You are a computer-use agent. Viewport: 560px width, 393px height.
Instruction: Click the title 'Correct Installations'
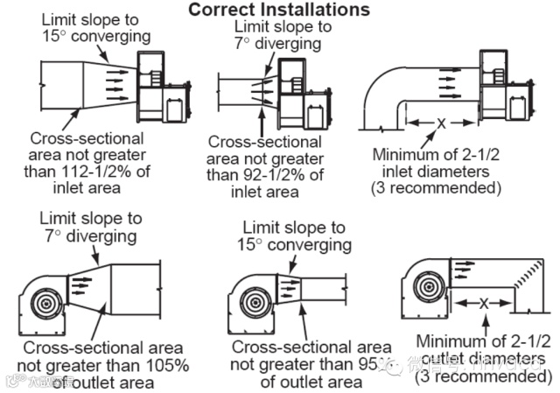click(x=279, y=11)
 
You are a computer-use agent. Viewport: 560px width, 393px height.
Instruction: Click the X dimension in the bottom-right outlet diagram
click(x=483, y=303)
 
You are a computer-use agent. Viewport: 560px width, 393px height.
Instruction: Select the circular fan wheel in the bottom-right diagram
click(x=430, y=288)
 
